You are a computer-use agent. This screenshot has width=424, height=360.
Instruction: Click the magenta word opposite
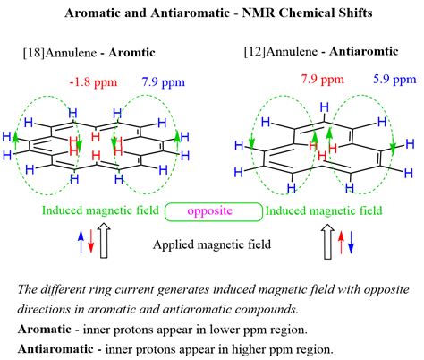click(213, 211)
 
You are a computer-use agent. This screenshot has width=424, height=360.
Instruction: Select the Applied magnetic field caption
click(211, 244)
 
